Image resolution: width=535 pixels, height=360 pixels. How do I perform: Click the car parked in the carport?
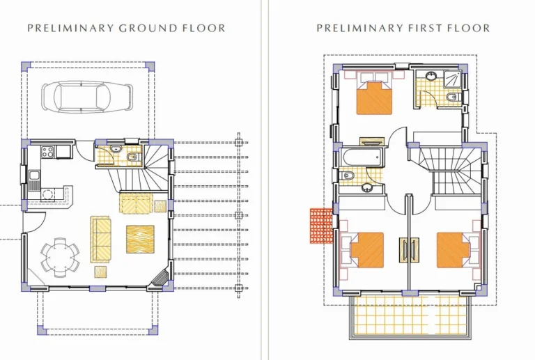[87, 97]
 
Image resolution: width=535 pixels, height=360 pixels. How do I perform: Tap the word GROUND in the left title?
[148, 28]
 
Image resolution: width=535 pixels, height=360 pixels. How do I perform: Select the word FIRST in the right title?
[417, 28]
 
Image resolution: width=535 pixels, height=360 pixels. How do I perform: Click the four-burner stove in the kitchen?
[47, 152]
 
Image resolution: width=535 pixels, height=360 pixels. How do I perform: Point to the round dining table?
[60, 257]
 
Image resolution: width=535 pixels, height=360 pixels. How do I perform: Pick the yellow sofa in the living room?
[100, 239]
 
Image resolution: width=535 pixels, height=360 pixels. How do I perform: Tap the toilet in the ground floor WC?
[132, 157]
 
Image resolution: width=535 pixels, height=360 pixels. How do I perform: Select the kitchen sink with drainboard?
[34, 180]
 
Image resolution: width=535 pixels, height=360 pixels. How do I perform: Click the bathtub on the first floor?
[362, 157]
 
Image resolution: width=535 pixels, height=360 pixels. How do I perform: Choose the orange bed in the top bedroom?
[374, 97]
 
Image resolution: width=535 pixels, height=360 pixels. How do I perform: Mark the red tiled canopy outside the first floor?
[321, 226]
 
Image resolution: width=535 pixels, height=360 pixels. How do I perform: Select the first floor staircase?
[448, 171]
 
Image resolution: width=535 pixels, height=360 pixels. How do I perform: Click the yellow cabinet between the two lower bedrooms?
[409, 250]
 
